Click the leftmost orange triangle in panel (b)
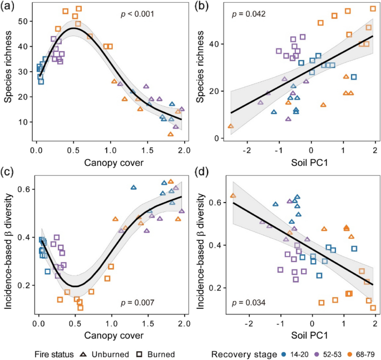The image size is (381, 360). click(231, 126)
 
